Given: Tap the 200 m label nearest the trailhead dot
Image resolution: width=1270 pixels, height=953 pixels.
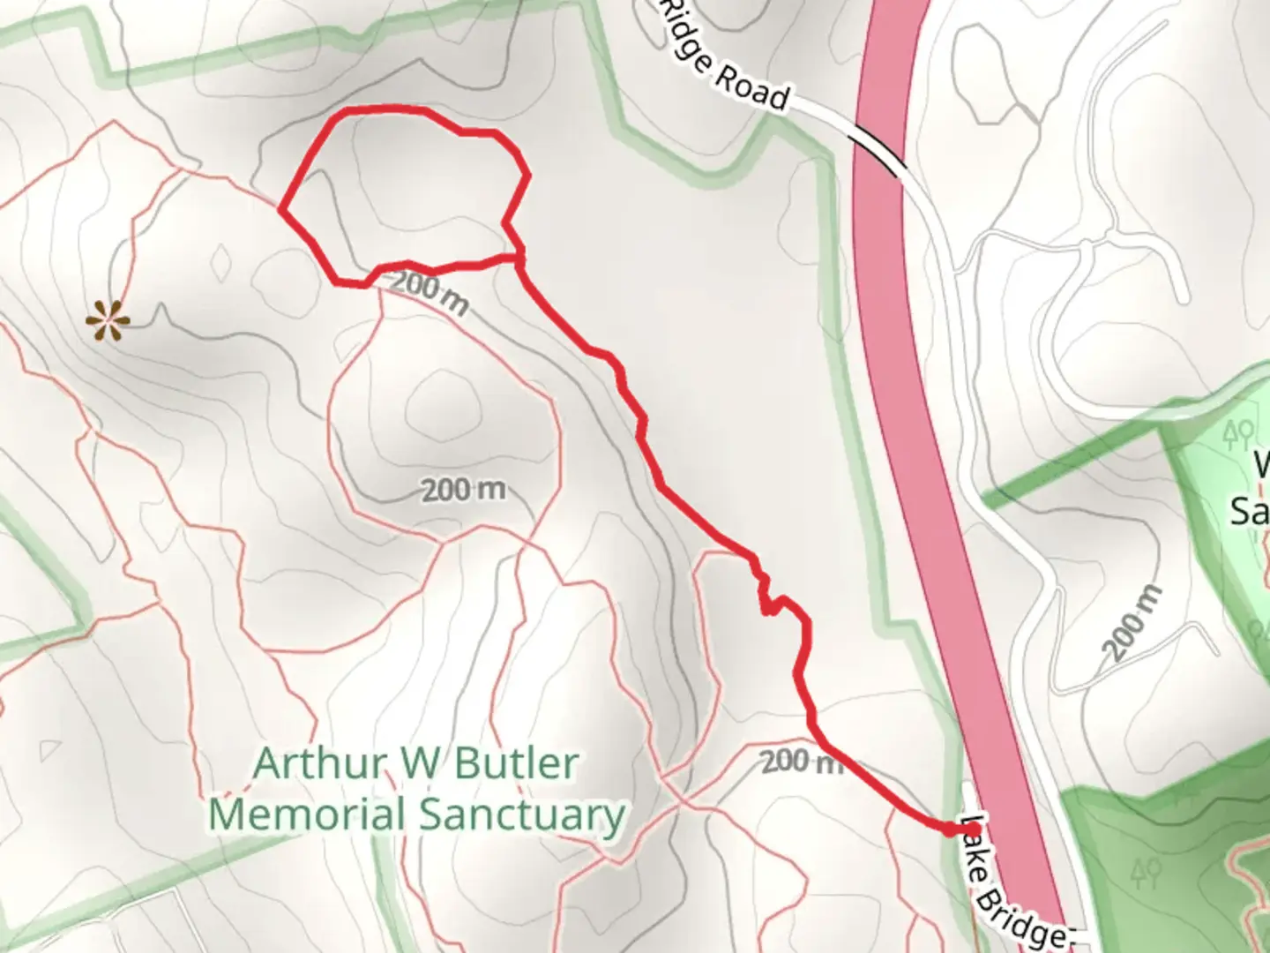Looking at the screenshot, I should (x=801, y=761).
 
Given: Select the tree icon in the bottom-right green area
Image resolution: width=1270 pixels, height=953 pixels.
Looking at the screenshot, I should (x=1146, y=872).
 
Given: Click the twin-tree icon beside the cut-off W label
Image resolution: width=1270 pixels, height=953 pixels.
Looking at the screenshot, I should (x=1239, y=433).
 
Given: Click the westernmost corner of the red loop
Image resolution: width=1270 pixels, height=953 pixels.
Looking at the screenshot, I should (x=280, y=210).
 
